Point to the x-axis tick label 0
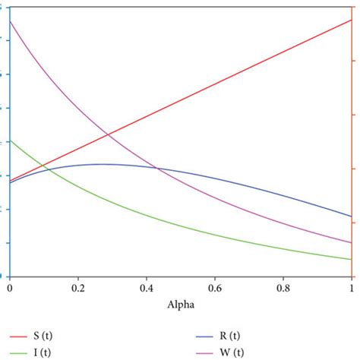coord(9,289)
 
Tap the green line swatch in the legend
coord(17,352)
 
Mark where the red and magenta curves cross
coord(107,135)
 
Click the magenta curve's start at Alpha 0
coord(9,21)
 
